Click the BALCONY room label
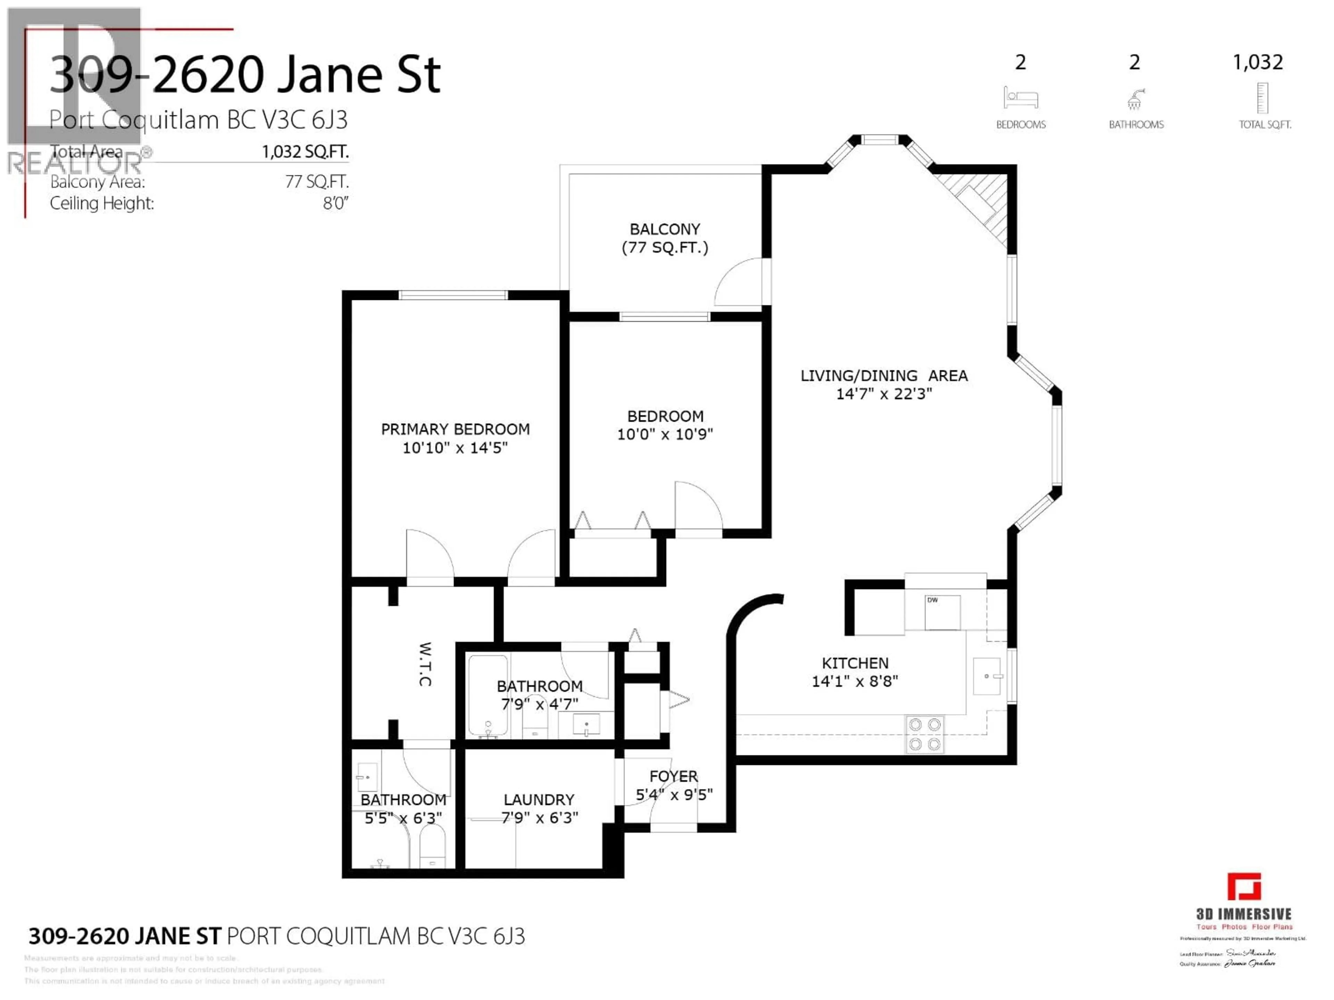click(x=665, y=229)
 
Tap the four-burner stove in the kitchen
click(x=924, y=734)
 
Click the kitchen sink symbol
click(x=987, y=676)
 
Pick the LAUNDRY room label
click(x=538, y=800)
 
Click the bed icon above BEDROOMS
click(x=1020, y=98)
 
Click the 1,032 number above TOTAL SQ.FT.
click(x=1258, y=62)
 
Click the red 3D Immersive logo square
click(x=1244, y=887)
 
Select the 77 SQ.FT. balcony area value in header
click(x=316, y=182)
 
